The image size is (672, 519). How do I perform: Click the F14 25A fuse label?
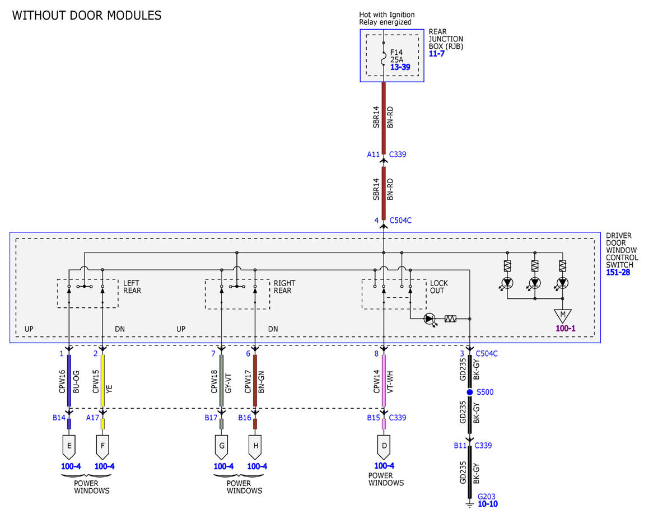(396, 55)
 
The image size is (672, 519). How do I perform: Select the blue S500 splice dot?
(469, 392)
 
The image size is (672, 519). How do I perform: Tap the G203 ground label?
(487, 497)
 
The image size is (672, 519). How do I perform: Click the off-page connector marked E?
(69, 447)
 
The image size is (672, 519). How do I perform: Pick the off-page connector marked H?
(255, 447)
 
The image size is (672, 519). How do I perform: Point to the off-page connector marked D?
(384, 447)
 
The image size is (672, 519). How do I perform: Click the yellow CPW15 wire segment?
(102, 381)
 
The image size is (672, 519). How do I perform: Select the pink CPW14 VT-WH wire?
(384, 381)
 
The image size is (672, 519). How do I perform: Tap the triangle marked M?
(563, 315)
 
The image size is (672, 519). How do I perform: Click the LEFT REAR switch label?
(132, 287)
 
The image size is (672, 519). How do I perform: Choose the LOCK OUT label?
(438, 287)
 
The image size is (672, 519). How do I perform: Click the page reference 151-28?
(618, 272)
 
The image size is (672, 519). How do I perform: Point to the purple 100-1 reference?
(566, 328)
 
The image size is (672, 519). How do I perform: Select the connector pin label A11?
(373, 155)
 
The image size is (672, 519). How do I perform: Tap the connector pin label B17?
(211, 418)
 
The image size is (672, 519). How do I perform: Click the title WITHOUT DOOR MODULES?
(87, 16)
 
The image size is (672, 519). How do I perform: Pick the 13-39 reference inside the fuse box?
(400, 67)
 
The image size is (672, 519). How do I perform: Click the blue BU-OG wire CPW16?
(69, 381)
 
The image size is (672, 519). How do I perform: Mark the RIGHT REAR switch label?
(284, 287)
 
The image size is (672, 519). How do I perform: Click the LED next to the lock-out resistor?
(429, 319)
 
